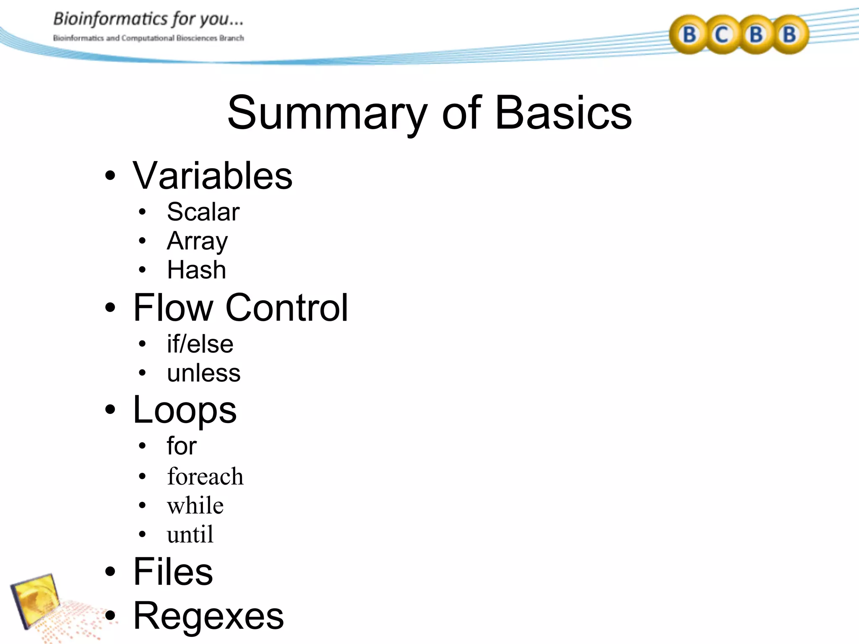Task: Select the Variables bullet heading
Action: click(x=212, y=176)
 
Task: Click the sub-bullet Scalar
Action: click(x=203, y=212)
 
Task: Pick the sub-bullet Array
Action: click(x=197, y=241)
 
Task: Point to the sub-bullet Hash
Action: click(x=196, y=270)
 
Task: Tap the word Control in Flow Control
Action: click(x=287, y=308)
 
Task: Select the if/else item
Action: click(x=200, y=344)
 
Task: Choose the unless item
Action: click(x=203, y=373)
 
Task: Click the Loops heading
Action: click(x=185, y=410)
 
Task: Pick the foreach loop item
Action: click(x=205, y=477)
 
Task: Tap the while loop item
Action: click(x=195, y=505)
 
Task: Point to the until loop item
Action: click(x=190, y=535)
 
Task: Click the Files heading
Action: click(x=173, y=572)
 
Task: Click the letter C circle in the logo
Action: click(x=722, y=34)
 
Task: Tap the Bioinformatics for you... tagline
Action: click(x=148, y=19)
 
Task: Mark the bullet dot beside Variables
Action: click(x=110, y=177)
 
